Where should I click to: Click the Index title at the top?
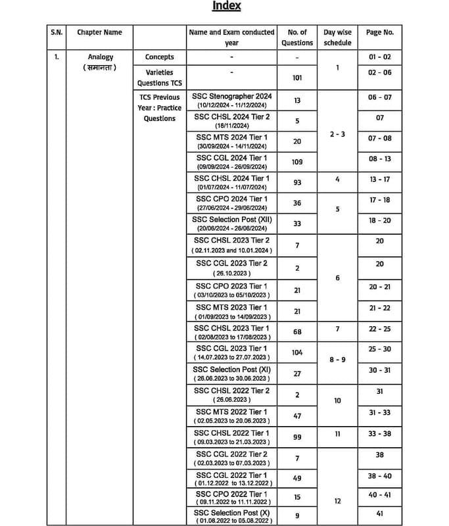click(x=226, y=6)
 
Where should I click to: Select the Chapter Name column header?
click(x=99, y=32)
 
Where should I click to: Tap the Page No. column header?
click(x=379, y=32)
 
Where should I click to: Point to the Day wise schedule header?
click(x=338, y=37)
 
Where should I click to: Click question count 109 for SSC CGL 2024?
click(x=297, y=162)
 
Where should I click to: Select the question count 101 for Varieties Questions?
click(x=297, y=78)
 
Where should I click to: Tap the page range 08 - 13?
click(x=379, y=158)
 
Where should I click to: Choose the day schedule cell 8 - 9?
click(x=338, y=360)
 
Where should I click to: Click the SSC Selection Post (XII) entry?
click(x=231, y=220)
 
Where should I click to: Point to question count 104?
click(x=297, y=352)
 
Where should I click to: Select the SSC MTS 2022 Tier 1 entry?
click(x=231, y=412)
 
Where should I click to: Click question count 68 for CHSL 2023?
click(x=297, y=332)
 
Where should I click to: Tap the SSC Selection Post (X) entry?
click(x=231, y=512)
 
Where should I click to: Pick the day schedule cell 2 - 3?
click(x=338, y=134)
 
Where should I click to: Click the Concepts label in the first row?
click(x=160, y=57)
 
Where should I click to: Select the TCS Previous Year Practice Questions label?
click(x=160, y=108)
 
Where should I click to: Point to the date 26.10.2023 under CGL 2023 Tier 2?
click(x=231, y=273)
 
